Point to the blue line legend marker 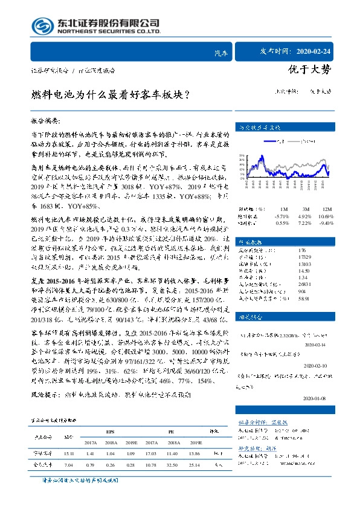[266, 142]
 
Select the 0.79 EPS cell [89, 464]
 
